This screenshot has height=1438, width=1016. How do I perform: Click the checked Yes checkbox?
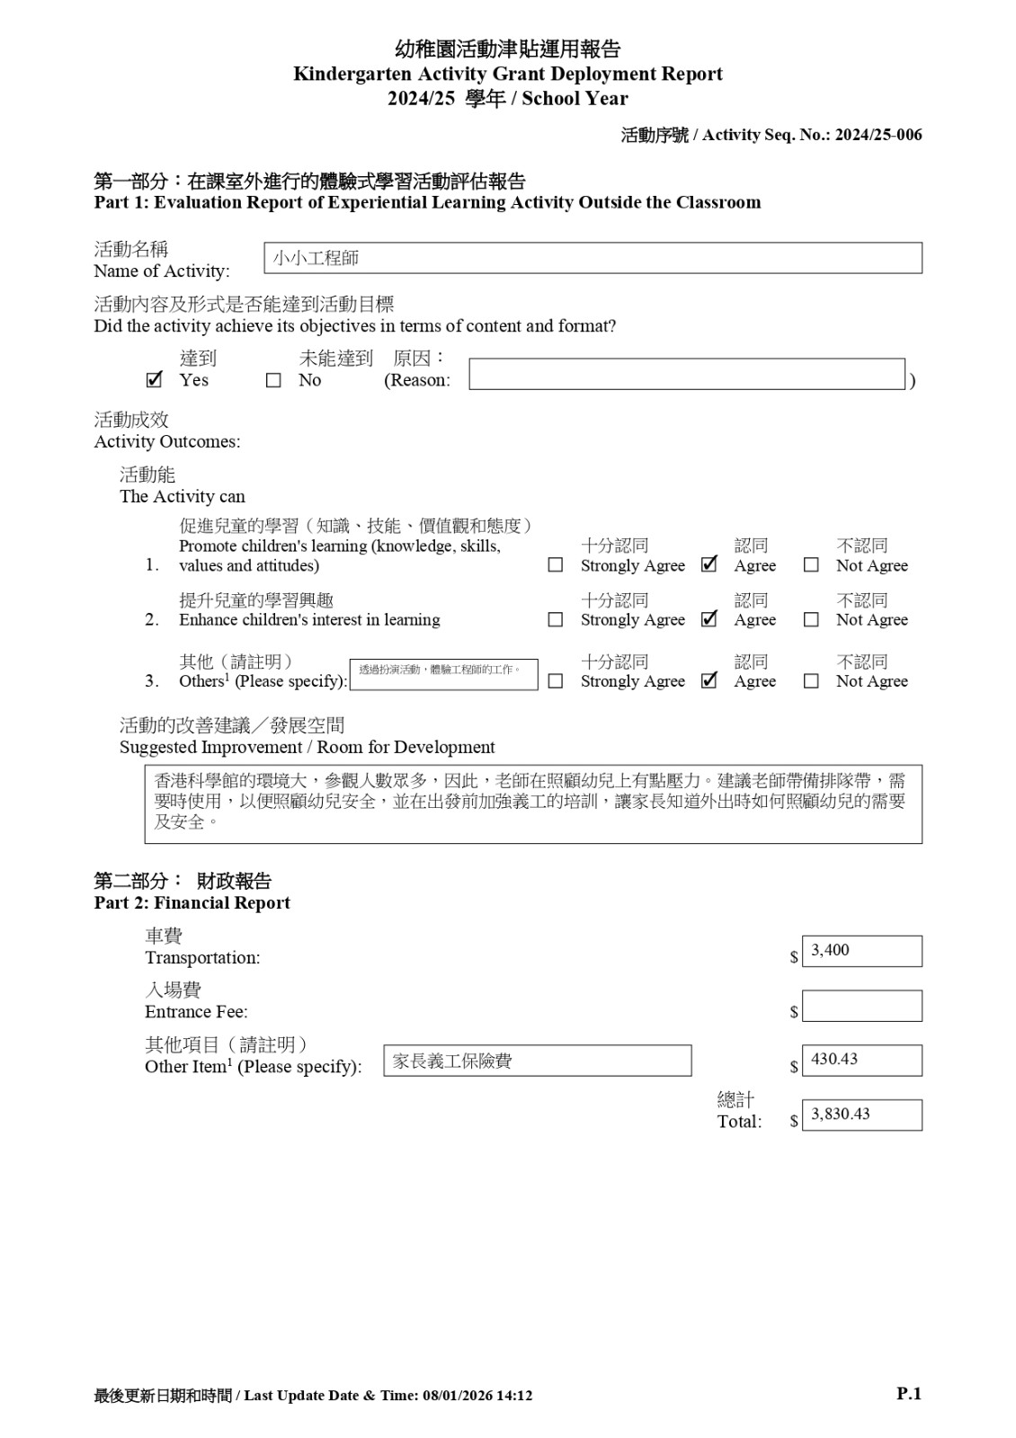[154, 380]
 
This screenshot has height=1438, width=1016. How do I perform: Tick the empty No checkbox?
[273, 380]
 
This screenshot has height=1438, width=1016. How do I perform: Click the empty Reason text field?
[686, 374]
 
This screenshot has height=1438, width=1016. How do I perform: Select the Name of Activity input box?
[593, 258]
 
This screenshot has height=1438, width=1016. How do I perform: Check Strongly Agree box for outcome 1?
[556, 565]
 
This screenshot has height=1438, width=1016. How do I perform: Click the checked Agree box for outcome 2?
[709, 619]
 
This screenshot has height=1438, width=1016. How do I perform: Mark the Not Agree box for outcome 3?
[811, 681]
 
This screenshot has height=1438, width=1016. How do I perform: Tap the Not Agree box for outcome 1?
[811, 565]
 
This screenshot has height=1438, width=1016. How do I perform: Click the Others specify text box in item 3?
[443, 674]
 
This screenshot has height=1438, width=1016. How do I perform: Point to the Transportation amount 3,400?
[861, 951]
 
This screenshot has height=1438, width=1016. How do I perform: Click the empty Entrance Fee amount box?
[861, 1006]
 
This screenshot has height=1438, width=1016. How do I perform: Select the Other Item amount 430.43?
[861, 1061]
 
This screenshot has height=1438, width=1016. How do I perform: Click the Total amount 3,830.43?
[861, 1114]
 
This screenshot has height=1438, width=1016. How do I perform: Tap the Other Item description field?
[538, 1061]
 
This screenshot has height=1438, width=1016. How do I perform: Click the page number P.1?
[909, 1394]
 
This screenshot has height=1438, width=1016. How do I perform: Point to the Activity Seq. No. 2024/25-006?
[878, 135]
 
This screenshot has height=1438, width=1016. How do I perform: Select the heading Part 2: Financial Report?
[192, 903]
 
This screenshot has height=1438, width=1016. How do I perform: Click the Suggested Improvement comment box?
[533, 803]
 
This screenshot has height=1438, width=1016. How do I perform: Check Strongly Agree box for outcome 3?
[556, 681]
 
